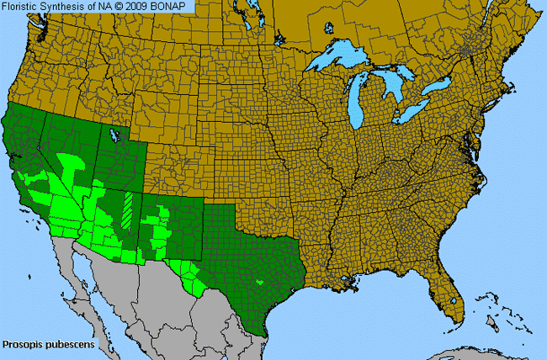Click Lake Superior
(x=337, y=61)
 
